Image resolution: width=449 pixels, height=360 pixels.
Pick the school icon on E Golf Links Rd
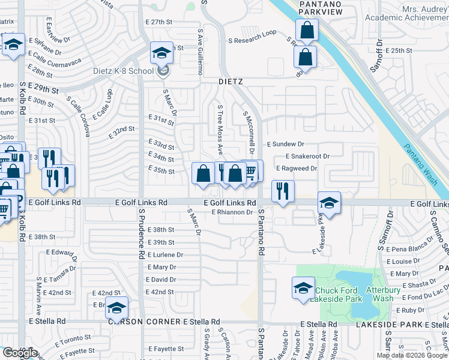pyautogui.click(x=329, y=203)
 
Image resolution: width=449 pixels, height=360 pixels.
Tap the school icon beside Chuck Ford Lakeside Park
pyautogui.click(x=303, y=288)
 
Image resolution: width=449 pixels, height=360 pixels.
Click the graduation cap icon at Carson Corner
pyautogui.click(x=116, y=308)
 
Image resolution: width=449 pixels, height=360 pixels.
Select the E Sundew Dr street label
pyautogui.click(x=286, y=145)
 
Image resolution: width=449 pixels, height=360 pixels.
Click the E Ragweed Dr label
pyautogui.click(x=296, y=169)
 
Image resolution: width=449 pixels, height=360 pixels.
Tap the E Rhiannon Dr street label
pyautogui.click(x=232, y=212)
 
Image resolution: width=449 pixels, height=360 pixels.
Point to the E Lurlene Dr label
pyautogui.click(x=164, y=254)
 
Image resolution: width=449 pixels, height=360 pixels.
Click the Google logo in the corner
pyautogui.click(x=20, y=353)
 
